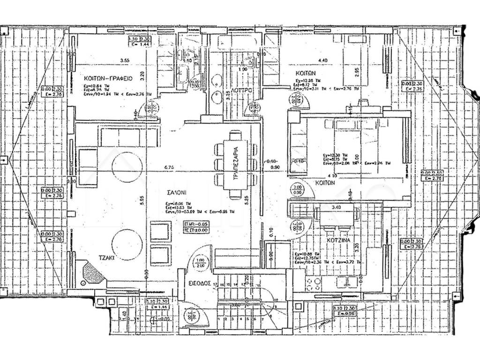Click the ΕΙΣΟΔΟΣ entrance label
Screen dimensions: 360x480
tap(198, 284)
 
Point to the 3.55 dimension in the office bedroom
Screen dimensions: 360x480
tap(124, 60)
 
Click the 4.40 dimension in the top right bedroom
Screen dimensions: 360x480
tap(322, 60)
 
